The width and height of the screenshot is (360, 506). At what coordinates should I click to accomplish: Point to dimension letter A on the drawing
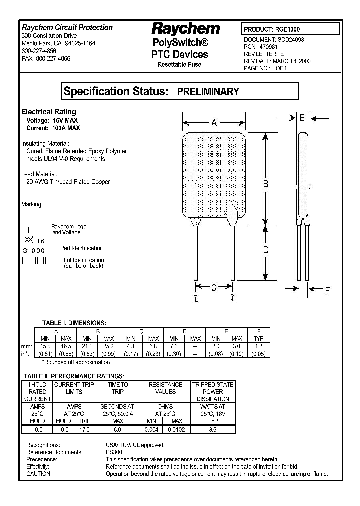pyautogui.click(x=214, y=122)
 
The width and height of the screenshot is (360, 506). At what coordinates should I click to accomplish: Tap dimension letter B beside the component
pyautogui.click(x=266, y=184)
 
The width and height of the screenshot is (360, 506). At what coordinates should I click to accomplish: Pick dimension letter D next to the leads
pyautogui.click(x=266, y=250)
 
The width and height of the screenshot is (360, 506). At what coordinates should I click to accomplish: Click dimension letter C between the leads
pyautogui.click(x=213, y=287)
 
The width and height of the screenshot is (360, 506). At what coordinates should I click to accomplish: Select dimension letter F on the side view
pyautogui.click(x=328, y=290)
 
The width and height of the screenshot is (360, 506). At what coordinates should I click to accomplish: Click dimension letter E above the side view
pyautogui.click(x=302, y=117)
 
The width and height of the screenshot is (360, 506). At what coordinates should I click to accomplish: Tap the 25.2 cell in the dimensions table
pyautogui.click(x=108, y=346)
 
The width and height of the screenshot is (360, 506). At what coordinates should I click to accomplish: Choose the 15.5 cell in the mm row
pyautogui.click(x=45, y=346)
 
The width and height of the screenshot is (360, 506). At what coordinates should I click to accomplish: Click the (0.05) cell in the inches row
pyautogui.click(x=258, y=354)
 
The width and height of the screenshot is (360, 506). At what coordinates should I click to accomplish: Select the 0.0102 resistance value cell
pyautogui.click(x=171, y=429)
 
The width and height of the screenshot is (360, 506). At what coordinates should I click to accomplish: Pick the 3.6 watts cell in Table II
pyautogui.click(x=212, y=429)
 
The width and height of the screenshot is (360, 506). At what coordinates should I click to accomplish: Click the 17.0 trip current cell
pyautogui.click(x=84, y=429)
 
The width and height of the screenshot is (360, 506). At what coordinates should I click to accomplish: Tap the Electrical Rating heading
pyautogui.click(x=49, y=112)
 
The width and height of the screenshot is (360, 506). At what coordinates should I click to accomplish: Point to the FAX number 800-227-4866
pyautogui.click(x=46, y=58)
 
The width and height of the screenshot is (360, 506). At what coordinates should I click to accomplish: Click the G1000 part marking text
pyautogui.click(x=34, y=249)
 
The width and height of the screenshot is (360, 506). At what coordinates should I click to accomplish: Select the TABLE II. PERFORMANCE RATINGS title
pyautogui.click(x=74, y=376)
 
